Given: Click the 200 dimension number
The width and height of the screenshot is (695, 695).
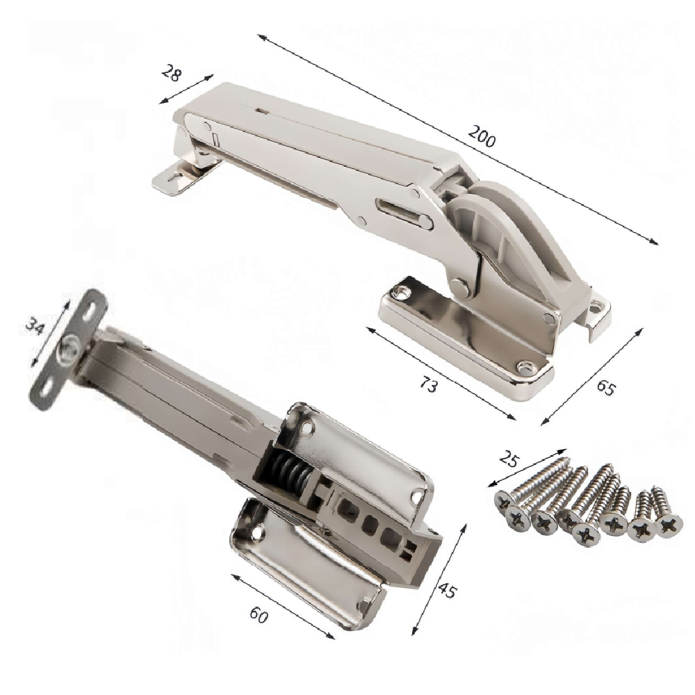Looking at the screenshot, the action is point(482,136).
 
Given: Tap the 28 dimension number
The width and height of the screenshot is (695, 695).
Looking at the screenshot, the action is point(172,73).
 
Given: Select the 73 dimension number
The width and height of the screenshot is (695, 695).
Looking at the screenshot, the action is point(427,385).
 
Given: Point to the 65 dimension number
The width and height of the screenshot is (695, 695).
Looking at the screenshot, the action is point(606,387).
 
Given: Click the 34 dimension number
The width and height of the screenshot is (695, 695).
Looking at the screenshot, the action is point(35,326).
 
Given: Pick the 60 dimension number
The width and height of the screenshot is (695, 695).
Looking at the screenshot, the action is point(259,614).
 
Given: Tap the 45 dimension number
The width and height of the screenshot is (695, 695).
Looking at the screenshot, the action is point(446,588).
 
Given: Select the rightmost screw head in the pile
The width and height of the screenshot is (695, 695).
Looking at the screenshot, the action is point(669,525).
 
